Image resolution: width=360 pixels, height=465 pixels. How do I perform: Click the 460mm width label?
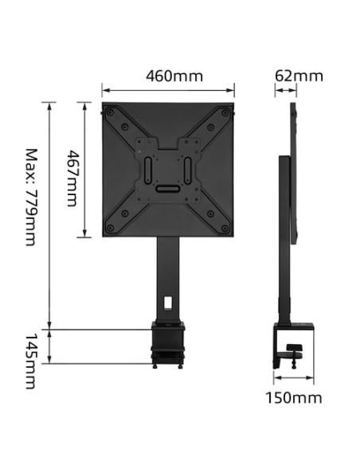tap(174, 76)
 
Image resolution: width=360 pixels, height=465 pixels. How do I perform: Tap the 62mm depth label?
tap(299, 76)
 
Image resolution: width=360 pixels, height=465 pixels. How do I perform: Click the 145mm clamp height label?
tap(30, 361)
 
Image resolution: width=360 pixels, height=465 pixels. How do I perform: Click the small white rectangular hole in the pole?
tap(168, 302)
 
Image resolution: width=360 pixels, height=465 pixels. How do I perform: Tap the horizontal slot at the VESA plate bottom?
tap(168, 189)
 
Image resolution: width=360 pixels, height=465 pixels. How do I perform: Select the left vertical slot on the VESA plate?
tap(148, 169)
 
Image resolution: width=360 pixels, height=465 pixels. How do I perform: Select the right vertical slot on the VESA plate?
tap(188, 169)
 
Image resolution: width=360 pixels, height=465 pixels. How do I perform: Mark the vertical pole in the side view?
tap(283, 239)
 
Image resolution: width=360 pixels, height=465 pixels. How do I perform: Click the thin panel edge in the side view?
tap(294, 171)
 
